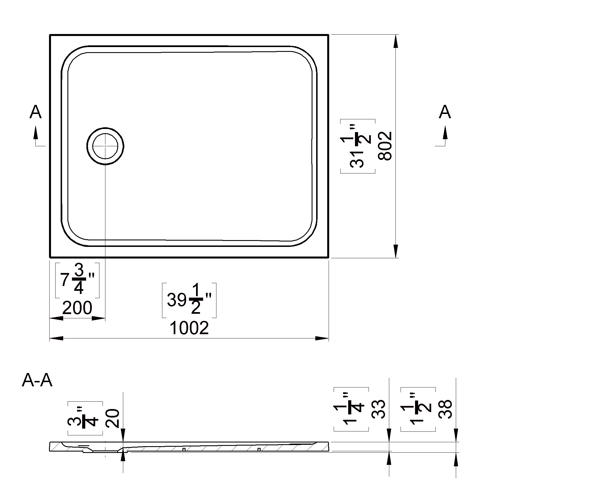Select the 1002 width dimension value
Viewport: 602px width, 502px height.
(189, 328)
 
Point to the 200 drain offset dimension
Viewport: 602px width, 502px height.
(77, 308)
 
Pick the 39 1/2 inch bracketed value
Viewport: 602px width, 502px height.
(189, 300)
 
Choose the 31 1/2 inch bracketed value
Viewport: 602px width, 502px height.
(358, 146)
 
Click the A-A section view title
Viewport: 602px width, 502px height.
(37, 380)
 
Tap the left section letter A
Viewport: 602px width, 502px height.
(35, 112)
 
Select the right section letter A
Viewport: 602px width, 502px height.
(445, 112)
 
